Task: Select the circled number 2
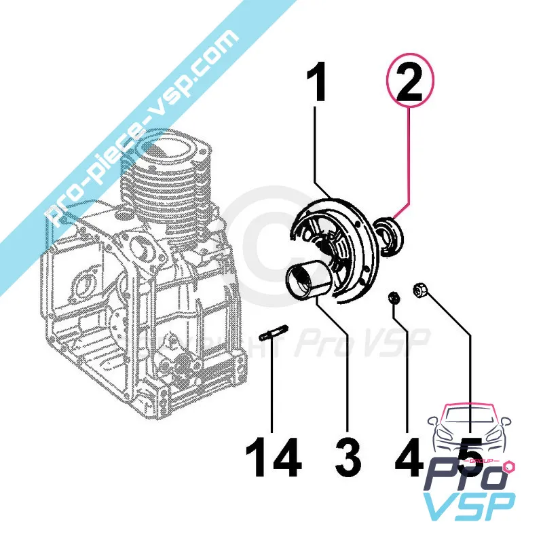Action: pyautogui.click(x=410, y=85)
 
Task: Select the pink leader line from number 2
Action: pyautogui.click(x=409, y=163)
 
